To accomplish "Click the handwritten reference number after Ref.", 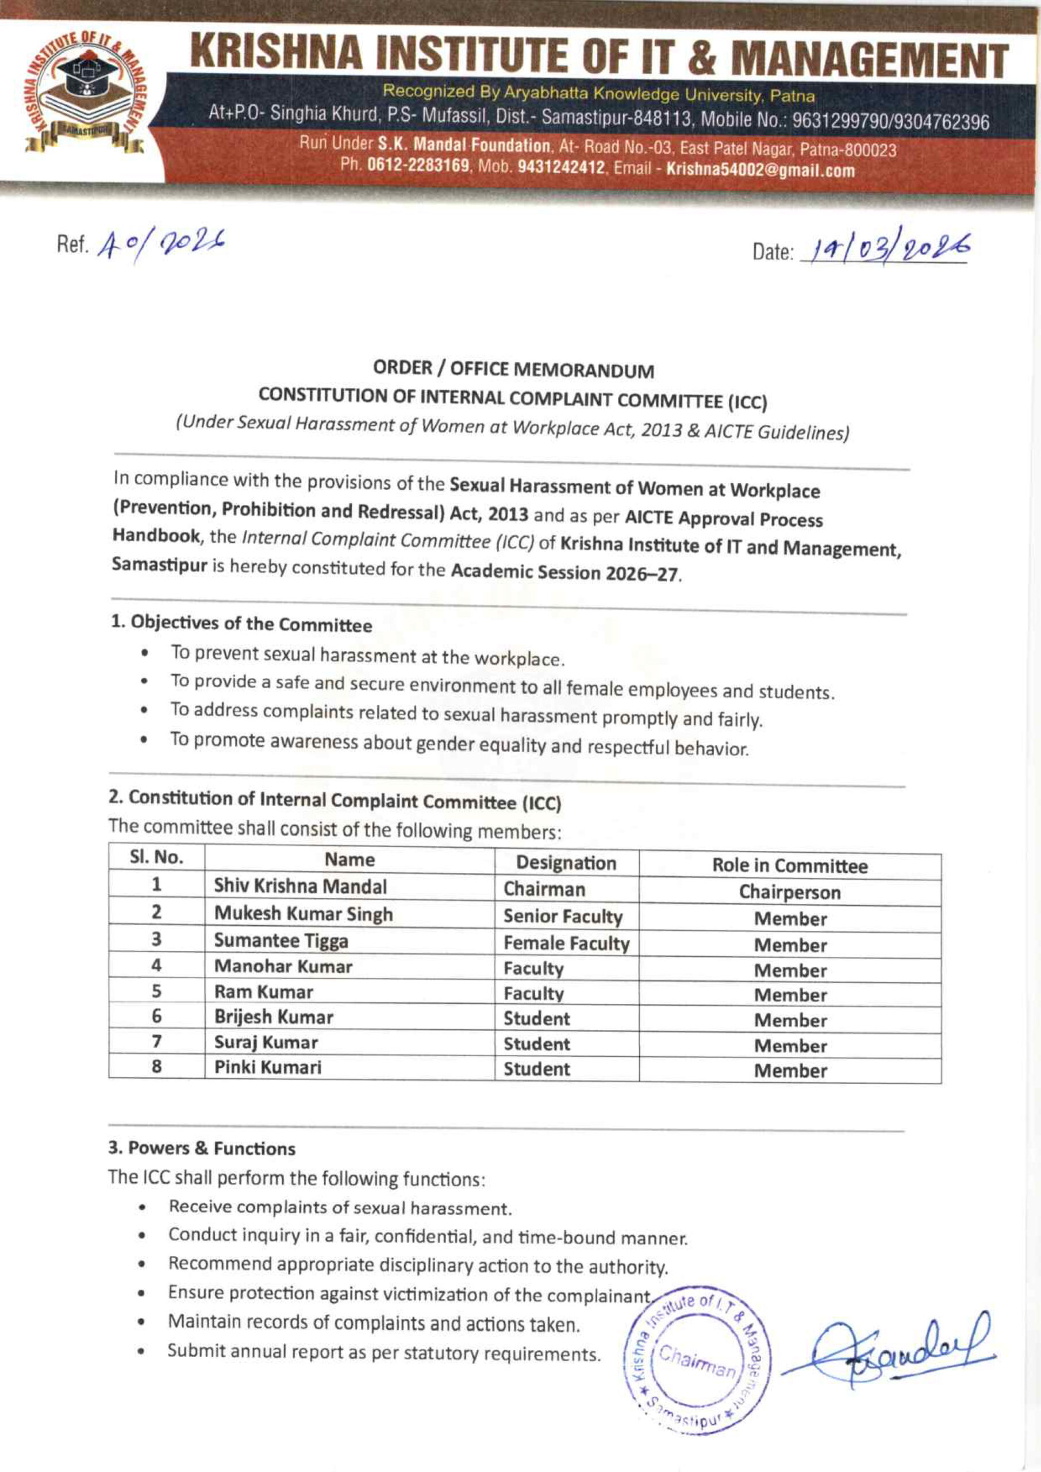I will point(163,244).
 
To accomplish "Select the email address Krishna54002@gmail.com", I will point(760,171).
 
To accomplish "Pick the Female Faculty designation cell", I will point(566,943).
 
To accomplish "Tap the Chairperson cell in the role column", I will point(789,892).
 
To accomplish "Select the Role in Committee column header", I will point(789,865).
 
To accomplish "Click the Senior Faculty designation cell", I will point(562,917).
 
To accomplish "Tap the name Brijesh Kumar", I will point(273,1017).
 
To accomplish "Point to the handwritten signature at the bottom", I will point(888,1351).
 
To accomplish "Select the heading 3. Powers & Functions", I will point(201,1148).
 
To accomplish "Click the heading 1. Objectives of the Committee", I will point(241,624).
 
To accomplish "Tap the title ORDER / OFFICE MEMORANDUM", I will point(513,369).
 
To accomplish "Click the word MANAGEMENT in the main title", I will point(869,62).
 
